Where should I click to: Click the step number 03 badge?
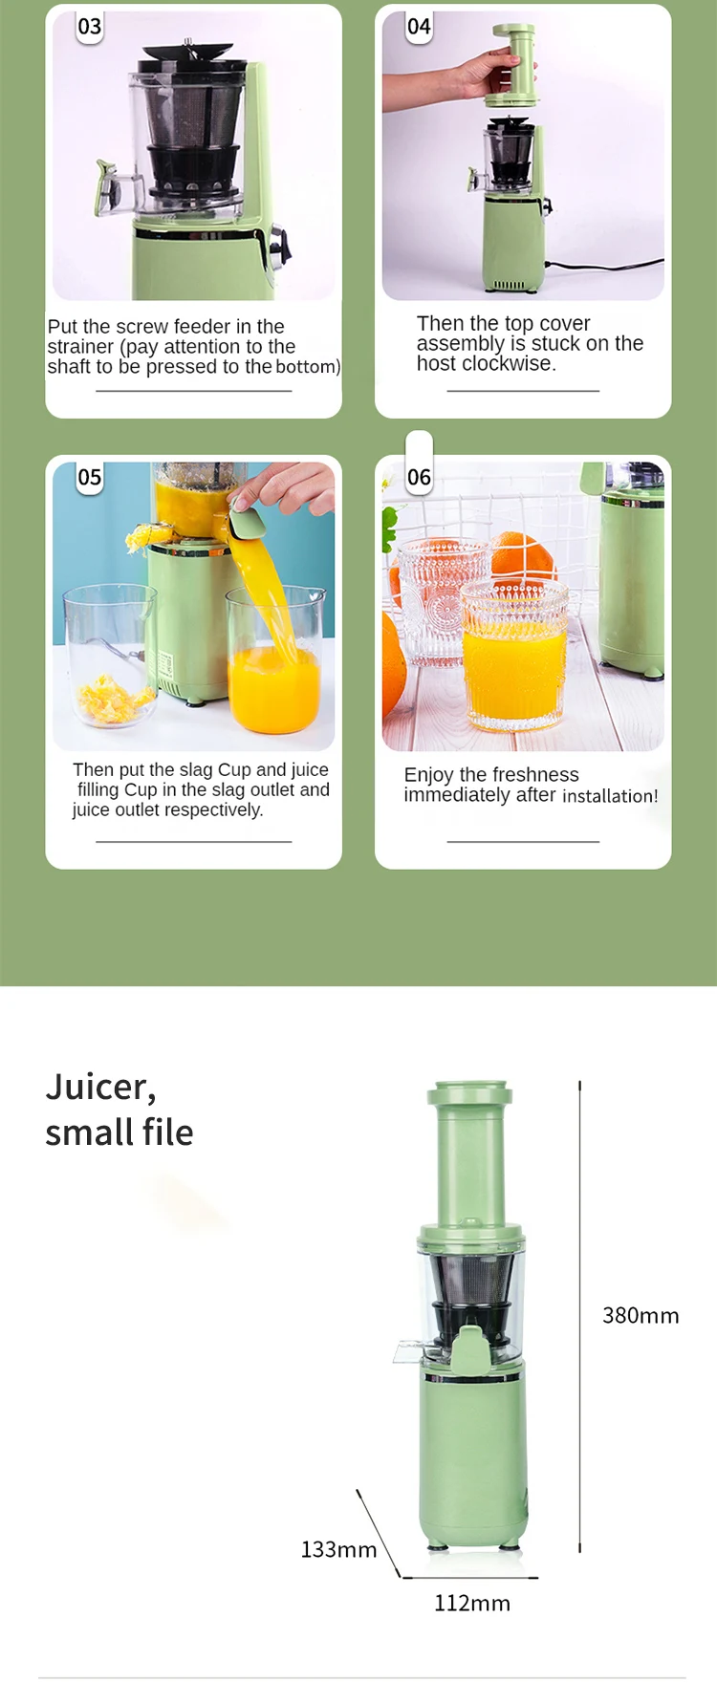coord(89,27)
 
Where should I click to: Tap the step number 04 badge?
coord(419,27)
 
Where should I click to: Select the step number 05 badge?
coord(89,477)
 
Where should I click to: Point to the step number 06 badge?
coord(419,477)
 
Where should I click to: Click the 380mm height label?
coord(641,1316)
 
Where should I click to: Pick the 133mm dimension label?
coord(338,1549)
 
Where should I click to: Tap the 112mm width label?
coord(472,1603)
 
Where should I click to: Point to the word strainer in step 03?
coord(80,347)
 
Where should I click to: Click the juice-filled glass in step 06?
coord(512,664)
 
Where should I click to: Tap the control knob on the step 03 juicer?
coord(278,242)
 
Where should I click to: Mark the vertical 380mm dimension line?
coord(579,1317)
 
